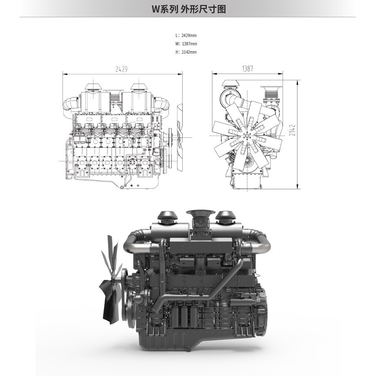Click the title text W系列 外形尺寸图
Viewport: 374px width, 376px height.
(x=189, y=9)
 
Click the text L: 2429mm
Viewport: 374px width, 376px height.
(x=186, y=35)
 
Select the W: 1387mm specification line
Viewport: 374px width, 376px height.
(x=186, y=44)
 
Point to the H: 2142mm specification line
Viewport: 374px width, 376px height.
(x=186, y=52)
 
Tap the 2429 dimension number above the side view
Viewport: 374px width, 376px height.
(x=121, y=69)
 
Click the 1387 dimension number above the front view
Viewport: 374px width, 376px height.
(x=248, y=69)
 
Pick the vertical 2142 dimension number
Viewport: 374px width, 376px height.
(x=292, y=130)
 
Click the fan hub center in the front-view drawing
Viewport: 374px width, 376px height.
(x=247, y=136)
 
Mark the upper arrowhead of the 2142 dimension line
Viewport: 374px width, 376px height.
(x=297, y=82)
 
